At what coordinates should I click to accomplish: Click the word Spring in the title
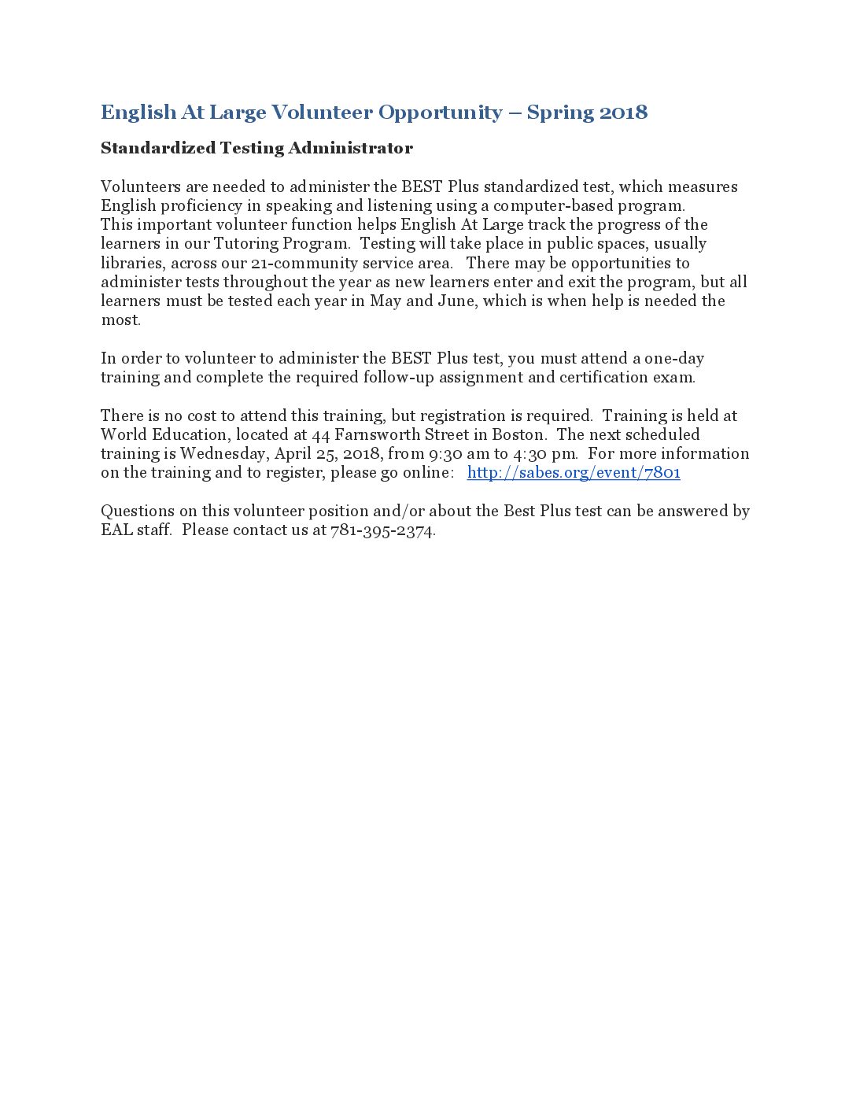559,113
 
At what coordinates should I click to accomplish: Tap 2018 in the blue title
623,113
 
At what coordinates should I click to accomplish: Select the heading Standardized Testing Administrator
256,148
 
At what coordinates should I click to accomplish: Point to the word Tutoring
246,244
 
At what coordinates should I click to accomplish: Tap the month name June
456,301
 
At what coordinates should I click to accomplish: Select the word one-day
674,358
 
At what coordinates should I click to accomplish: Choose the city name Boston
518,434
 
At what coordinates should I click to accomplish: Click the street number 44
320,434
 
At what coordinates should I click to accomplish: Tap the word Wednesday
223,453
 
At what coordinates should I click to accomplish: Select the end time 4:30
531,453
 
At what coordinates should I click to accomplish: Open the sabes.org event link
574,472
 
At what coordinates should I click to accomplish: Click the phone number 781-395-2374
382,530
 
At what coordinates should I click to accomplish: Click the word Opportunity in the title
440,113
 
